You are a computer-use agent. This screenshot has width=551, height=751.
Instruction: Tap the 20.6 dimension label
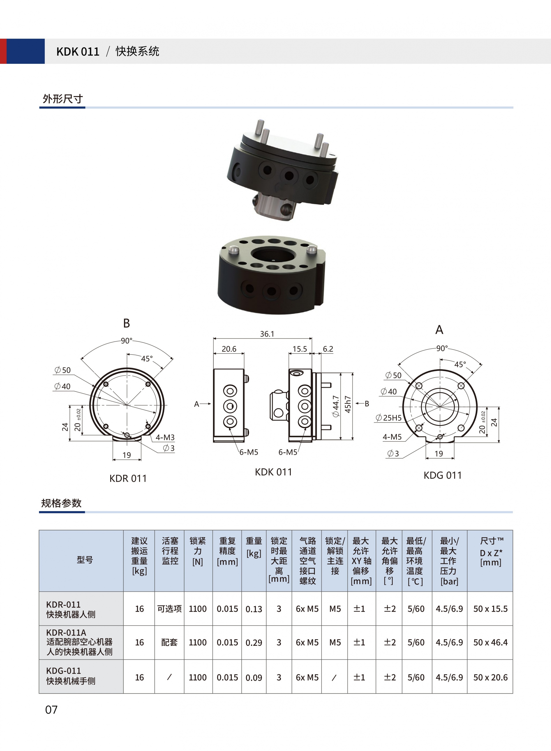tap(229, 349)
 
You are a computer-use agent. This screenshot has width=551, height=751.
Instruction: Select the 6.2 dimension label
tap(328, 349)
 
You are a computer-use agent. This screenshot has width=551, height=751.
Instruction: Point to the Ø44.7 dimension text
tap(336, 406)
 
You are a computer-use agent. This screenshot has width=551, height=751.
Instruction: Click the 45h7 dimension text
tap(348, 405)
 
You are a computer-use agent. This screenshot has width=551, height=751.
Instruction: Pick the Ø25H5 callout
tap(389, 418)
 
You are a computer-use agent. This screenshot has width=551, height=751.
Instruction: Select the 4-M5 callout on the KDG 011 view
tap(392, 437)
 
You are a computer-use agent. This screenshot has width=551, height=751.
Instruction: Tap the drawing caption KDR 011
tap(128, 479)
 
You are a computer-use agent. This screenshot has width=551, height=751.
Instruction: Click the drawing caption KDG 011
tap(443, 475)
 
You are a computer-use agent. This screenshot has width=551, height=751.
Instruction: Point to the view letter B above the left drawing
tap(126, 323)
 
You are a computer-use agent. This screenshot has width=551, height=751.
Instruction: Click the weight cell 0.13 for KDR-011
tap(254, 609)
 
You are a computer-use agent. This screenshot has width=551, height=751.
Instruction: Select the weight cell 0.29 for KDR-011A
tap(254, 642)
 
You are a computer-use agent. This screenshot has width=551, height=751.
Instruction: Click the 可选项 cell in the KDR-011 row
tap(169, 609)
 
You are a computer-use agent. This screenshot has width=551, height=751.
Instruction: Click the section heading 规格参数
tap(61, 503)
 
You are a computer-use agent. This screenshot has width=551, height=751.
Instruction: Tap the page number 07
tap(51, 710)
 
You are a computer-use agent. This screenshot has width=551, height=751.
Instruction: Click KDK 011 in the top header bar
tap(78, 52)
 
